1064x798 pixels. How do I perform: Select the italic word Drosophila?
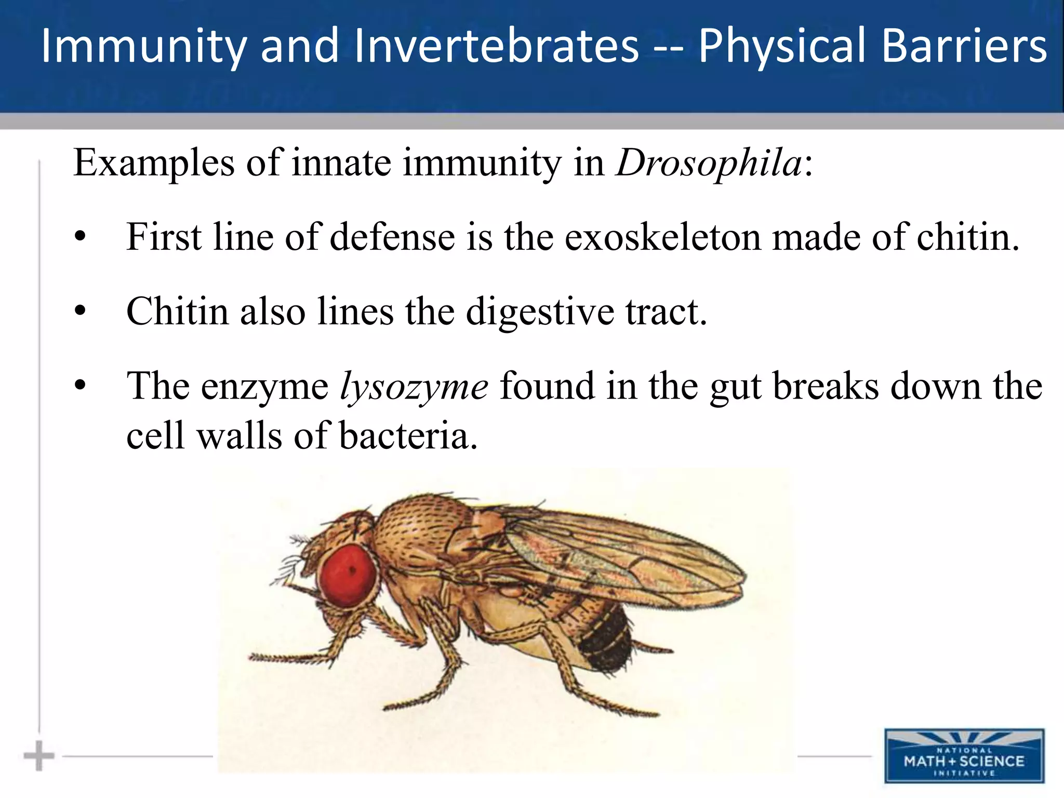(709, 163)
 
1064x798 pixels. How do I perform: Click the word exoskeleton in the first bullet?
(662, 237)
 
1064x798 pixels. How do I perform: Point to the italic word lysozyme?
(414, 387)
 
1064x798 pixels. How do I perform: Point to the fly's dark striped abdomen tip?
(606, 644)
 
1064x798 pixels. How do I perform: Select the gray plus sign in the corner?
(38, 756)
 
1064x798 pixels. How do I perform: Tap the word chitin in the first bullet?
(967, 237)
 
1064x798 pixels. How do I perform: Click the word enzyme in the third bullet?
(265, 387)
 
